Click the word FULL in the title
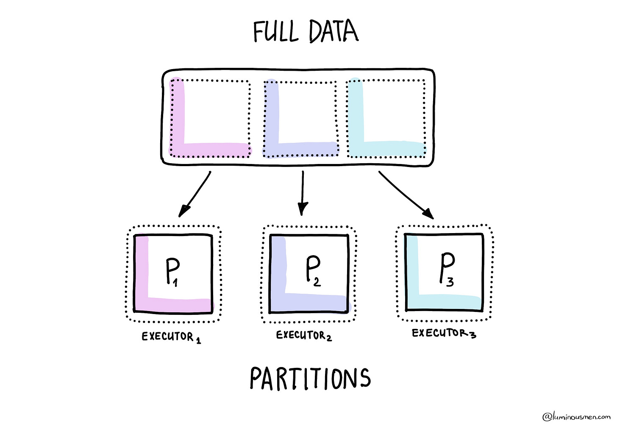click(x=275, y=32)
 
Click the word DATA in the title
click(x=334, y=32)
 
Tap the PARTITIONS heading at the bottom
click(x=310, y=378)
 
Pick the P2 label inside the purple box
click(x=313, y=271)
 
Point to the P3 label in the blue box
click(x=447, y=270)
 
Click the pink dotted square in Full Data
click(x=210, y=119)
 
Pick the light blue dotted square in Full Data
click(x=386, y=119)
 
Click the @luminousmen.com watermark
click(x=576, y=417)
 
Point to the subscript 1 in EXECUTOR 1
click(x=198, y=340)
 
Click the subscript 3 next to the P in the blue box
click(x=450, y=281)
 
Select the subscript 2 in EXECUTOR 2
click(x=329, y=338)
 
